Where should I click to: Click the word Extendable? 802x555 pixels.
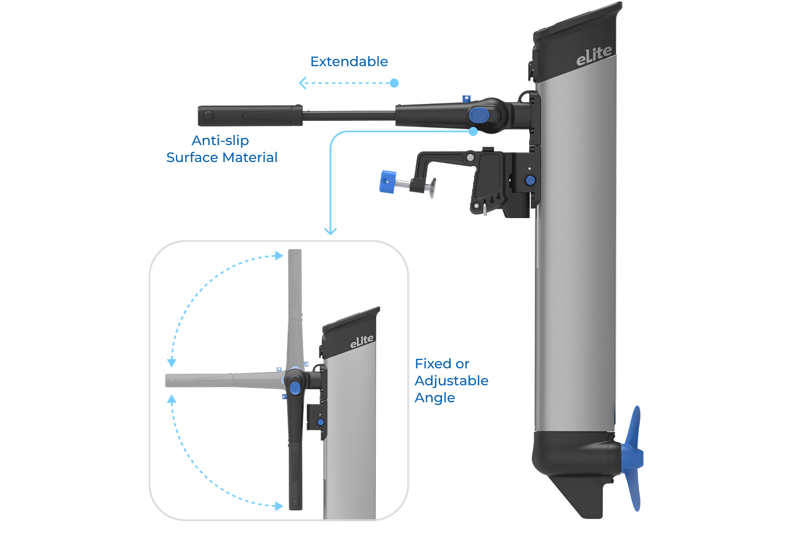click(350, 62)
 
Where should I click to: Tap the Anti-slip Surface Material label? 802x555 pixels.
click(221, 149)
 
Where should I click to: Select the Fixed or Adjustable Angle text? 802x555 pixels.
click(451, 381)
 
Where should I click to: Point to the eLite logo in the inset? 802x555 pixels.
click(362, 341)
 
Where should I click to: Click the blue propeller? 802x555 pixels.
click(635, 458)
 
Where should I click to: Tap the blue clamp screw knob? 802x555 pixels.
click(386, 182)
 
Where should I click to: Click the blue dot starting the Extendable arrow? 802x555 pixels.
click(394, 83)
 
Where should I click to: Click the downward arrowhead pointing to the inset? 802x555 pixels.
click(330, 231)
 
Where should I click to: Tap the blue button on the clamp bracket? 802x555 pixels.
click(530, 180)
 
